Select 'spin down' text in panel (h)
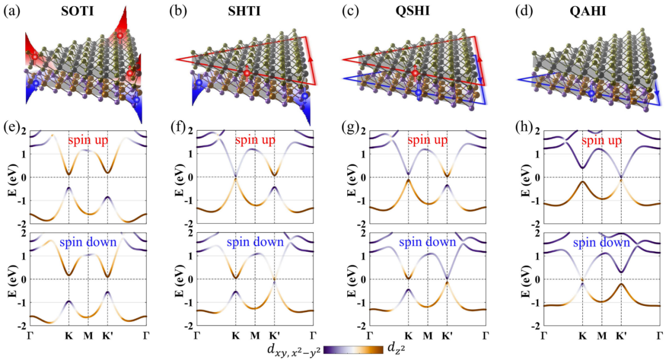[601, 242]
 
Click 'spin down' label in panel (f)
[255, 242]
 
